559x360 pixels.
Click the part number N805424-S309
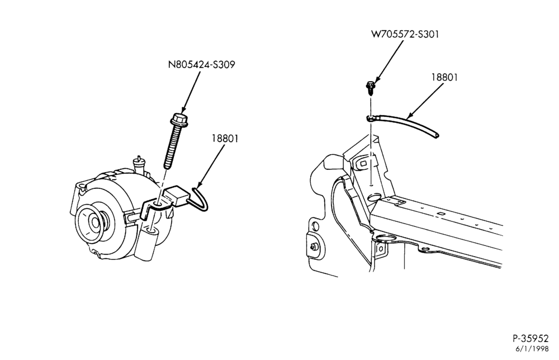[x=201, y=64]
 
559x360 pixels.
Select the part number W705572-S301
[x=405, y=34]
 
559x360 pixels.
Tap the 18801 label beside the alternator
[x=225, y=138]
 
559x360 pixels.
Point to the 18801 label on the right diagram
[x=444, y=77]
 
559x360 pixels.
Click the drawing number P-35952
[x=530, y=338]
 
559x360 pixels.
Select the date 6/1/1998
[x=532, y=349]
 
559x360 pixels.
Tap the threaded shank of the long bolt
[x=172, y=146]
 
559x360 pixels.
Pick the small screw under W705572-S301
[x=371, y=88]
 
